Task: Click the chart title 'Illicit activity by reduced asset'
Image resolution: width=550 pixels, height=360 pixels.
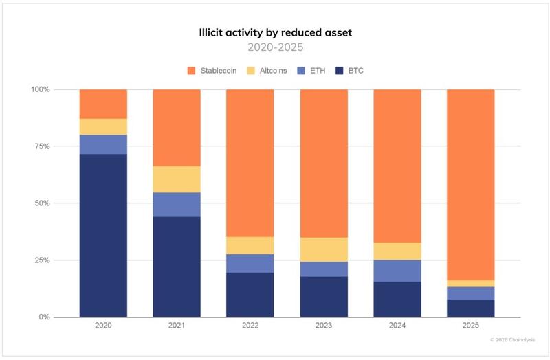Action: (274, 32)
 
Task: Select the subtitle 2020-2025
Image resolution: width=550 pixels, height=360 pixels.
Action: (274, 47)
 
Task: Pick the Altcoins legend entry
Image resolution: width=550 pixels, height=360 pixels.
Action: (267, 71)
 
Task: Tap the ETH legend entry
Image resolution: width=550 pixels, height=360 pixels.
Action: (311, 71)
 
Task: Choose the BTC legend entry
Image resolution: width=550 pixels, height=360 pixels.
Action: (351, 71)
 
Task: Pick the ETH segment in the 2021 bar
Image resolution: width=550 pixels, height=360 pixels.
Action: (177, 205)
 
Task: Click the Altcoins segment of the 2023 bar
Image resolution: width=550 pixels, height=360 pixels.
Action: (324, 249)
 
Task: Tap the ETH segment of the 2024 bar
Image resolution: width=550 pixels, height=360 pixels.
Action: (397, 271)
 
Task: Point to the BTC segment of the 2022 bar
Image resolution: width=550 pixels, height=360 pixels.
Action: (250, 295)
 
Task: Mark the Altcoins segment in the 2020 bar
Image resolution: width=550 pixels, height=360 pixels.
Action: (103, 126)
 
